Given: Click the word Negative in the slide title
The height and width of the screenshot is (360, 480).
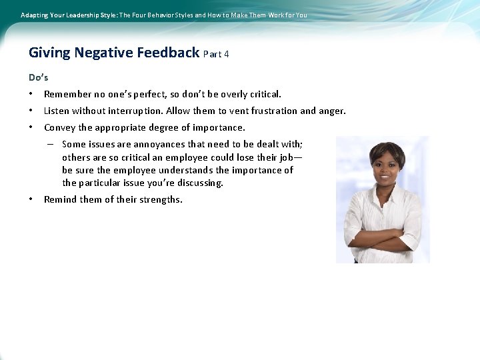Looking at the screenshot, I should [103, 53].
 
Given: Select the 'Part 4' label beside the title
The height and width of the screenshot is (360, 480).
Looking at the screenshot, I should [217, 54].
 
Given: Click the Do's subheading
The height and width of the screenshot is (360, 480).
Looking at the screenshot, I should [39, 77].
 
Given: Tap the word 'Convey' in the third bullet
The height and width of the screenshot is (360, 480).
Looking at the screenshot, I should [60, 127].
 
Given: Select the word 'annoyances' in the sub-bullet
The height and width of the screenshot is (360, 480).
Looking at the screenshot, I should [157, 144].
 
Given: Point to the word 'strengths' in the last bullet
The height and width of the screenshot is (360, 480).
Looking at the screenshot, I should [161, 200].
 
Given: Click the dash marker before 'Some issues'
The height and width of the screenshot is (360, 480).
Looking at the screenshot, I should [50, 144].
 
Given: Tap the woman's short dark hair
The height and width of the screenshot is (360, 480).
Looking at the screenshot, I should [387, 148].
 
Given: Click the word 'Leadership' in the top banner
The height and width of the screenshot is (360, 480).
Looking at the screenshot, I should [79, 15].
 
